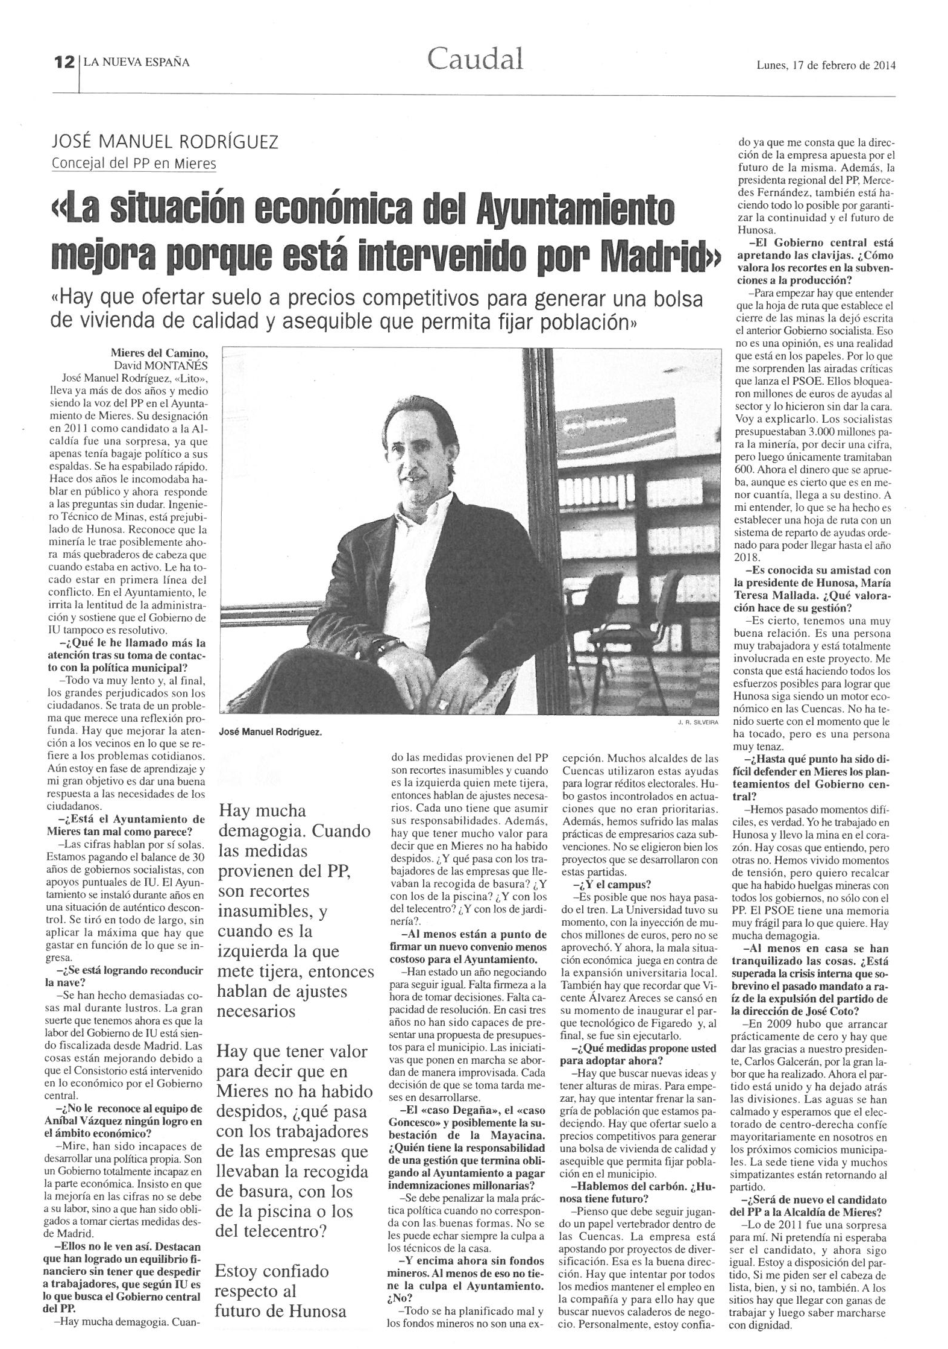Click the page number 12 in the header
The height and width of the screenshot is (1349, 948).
pos(63,62)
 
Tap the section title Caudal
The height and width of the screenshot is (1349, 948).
pos(475,59)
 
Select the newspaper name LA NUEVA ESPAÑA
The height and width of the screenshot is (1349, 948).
pos(137,62)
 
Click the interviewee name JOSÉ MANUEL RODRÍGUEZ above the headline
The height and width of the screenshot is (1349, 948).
pos(165,142)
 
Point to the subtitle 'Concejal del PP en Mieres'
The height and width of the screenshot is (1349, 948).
pos(134,163)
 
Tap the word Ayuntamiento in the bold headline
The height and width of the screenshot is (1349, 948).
pos(574,211)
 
